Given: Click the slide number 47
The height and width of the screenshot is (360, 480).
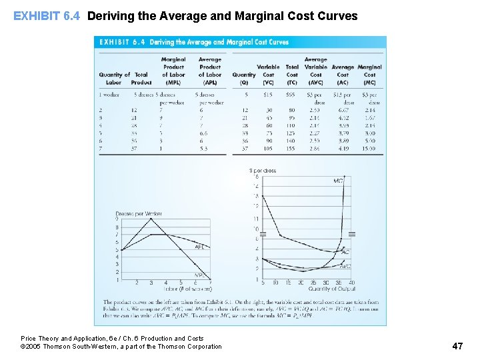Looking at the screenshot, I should click(457, 345).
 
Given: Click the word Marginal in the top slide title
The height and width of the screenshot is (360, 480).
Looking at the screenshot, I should click(267, 15).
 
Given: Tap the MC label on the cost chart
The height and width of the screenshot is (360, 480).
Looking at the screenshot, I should click(339, 181).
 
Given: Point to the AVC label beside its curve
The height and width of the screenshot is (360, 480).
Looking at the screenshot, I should click(345, 266).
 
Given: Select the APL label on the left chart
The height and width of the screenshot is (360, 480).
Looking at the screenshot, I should click(199, 247).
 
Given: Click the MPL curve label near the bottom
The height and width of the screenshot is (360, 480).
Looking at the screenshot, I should click(199, 275).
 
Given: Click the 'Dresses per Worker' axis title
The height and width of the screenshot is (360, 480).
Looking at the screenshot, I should click(139, 214).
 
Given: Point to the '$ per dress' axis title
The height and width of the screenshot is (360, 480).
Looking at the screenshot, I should click(263, 171).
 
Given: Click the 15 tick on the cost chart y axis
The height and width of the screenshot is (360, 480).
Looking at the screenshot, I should click(256, 177).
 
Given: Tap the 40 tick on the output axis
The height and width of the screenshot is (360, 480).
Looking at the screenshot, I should click(352, 282).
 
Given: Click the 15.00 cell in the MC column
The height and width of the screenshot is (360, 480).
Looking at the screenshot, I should click(369, 149).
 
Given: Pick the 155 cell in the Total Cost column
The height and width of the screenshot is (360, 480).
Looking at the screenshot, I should click(291, 149).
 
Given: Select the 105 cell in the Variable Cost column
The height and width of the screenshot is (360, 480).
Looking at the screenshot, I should click(268, 149).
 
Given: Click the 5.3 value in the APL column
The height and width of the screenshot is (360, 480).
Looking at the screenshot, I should click(203, 149).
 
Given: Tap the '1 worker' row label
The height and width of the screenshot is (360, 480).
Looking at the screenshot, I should click(109, 95).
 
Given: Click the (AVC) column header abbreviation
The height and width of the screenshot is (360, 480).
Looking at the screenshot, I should click(315, 83).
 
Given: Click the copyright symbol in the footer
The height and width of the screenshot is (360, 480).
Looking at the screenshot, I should click(23, 347).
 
